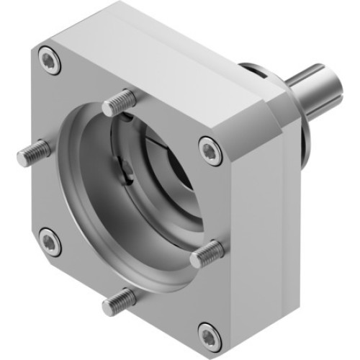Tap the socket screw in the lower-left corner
point(48,240)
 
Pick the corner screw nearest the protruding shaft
point(209,148)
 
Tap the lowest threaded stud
point(118,301)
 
